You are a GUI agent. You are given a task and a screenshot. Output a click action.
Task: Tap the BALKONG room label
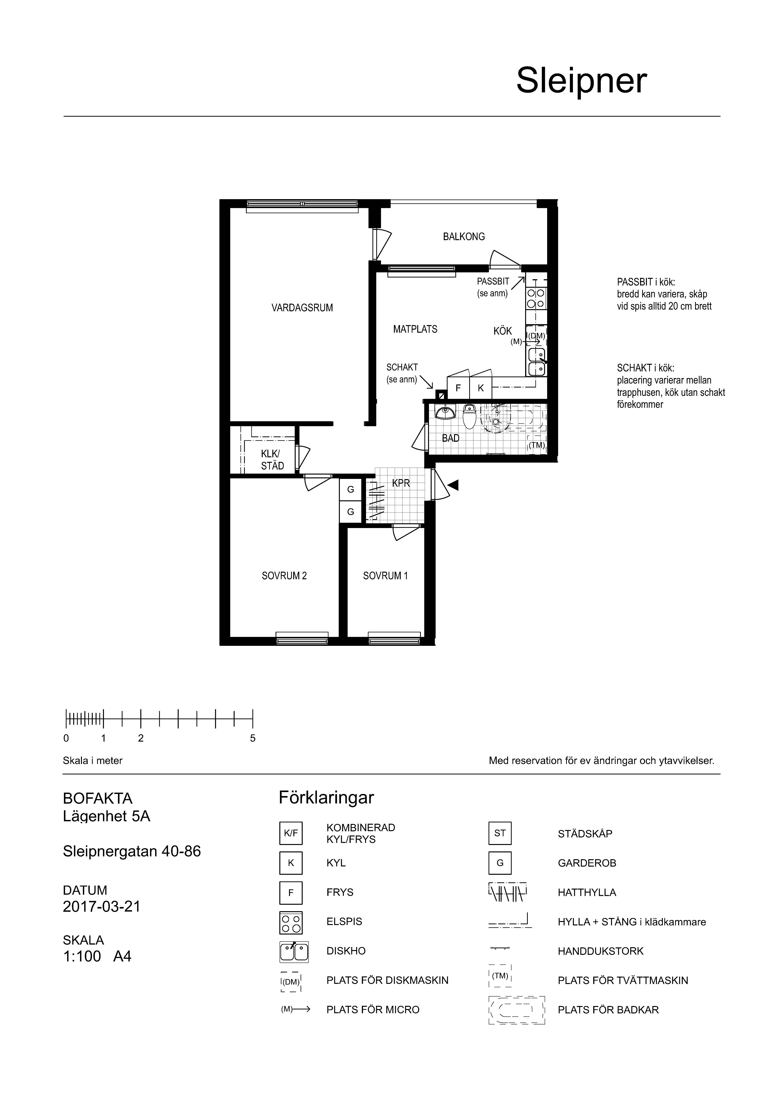click(464, 237)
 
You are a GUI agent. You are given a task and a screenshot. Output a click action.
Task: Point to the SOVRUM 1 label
click(386, 576)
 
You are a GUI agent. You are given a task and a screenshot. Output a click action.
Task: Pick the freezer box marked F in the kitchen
click(458, 388)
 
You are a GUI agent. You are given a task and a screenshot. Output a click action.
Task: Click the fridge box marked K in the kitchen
click(481, 388)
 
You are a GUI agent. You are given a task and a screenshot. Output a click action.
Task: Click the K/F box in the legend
click(291, 833)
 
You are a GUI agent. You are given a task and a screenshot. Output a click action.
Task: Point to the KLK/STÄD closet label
click(272, 460)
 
